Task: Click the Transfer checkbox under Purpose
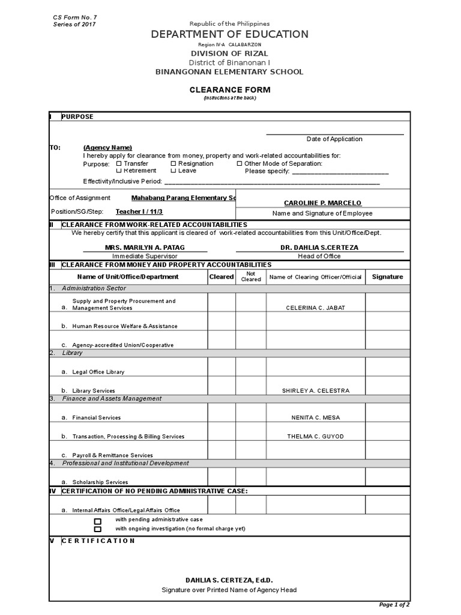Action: click(x=119, y=163)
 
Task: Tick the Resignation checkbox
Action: click(x=173, y=163)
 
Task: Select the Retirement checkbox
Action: click(x=119, y=171)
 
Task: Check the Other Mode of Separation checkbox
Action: click(x=240, y=163)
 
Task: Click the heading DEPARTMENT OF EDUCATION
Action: click(x=230, y=35)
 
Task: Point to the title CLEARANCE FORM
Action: click(x=230, y=90)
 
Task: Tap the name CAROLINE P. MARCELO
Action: click(x=322, y=203)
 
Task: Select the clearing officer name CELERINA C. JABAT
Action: click(x=316, y=308)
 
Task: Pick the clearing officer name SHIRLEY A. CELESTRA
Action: click(x=316, y=391)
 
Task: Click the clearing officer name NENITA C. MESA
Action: click(x=316, y=417)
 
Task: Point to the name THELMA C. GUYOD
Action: click(x=316, y=437)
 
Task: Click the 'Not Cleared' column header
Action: click(x=251, y=276)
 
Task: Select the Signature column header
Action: click(x=387, y=277)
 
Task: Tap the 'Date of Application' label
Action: click(x=334, y=139)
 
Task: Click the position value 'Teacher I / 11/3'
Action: click(x=139, y=211)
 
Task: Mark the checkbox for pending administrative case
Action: click(x=98, y=521)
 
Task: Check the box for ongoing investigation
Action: click(x=98, y=529)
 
